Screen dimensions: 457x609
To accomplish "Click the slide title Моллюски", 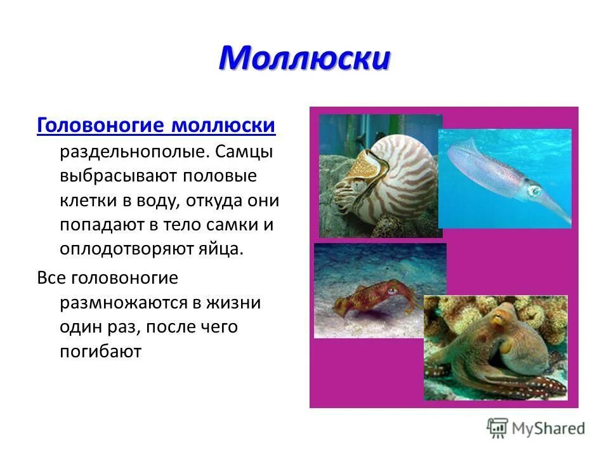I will [304, 59].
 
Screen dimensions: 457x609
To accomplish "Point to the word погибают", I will [100, 351].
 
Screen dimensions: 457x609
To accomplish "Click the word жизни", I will [239, 303].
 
